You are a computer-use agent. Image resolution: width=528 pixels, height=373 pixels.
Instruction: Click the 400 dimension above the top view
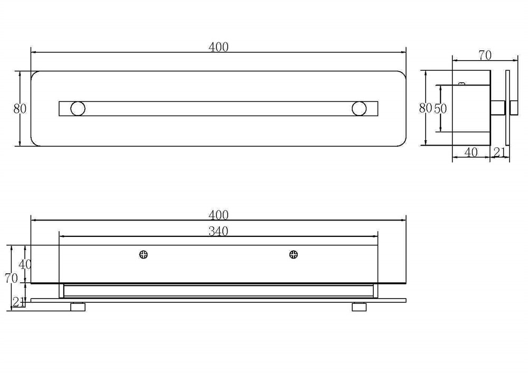click(x=218, y=47)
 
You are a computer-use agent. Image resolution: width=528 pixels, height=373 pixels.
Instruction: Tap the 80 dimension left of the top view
click(x=20, y=109)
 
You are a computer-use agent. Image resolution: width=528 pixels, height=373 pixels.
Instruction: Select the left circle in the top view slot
click(x=78, y=109)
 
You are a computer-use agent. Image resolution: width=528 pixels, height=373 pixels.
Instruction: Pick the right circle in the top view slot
click(x=359, y=109)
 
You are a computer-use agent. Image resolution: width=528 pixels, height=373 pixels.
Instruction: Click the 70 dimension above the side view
click(x=485, y=55)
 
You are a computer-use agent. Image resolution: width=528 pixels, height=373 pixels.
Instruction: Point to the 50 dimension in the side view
click(x=440, y=108)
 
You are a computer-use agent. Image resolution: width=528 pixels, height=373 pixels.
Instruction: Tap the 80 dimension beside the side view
click(x=425, y=108)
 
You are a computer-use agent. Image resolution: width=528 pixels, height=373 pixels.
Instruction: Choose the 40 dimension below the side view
click(x=471, y=152)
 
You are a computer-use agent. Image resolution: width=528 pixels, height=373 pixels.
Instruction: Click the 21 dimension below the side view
click(x=499, y=152)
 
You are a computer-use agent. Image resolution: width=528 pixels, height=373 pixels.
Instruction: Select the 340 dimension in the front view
click(x=218, y=232)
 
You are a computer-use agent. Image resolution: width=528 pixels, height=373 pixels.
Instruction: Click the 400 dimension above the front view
click(x=218, y=215)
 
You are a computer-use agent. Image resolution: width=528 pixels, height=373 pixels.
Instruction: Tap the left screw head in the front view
click(x=144, y=255)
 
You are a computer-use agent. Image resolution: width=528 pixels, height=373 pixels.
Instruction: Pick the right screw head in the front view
click(x=294, y=255)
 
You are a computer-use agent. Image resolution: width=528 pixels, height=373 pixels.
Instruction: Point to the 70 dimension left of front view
click(x=11, y=278)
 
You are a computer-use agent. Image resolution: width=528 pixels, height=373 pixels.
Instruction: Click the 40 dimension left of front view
click(x=25, y=264)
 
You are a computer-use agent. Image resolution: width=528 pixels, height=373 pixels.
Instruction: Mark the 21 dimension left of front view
click(x=18, y=302)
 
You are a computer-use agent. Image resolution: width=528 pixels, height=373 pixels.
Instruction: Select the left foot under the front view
click(x=78, y=307)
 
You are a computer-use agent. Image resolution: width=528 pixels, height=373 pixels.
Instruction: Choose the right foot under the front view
click(x=359, y=307)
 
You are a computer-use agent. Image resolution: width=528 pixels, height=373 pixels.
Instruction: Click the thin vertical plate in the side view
click(x=507, y=108)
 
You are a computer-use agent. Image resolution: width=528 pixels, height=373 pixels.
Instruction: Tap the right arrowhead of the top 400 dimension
click(x=403, y=52)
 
